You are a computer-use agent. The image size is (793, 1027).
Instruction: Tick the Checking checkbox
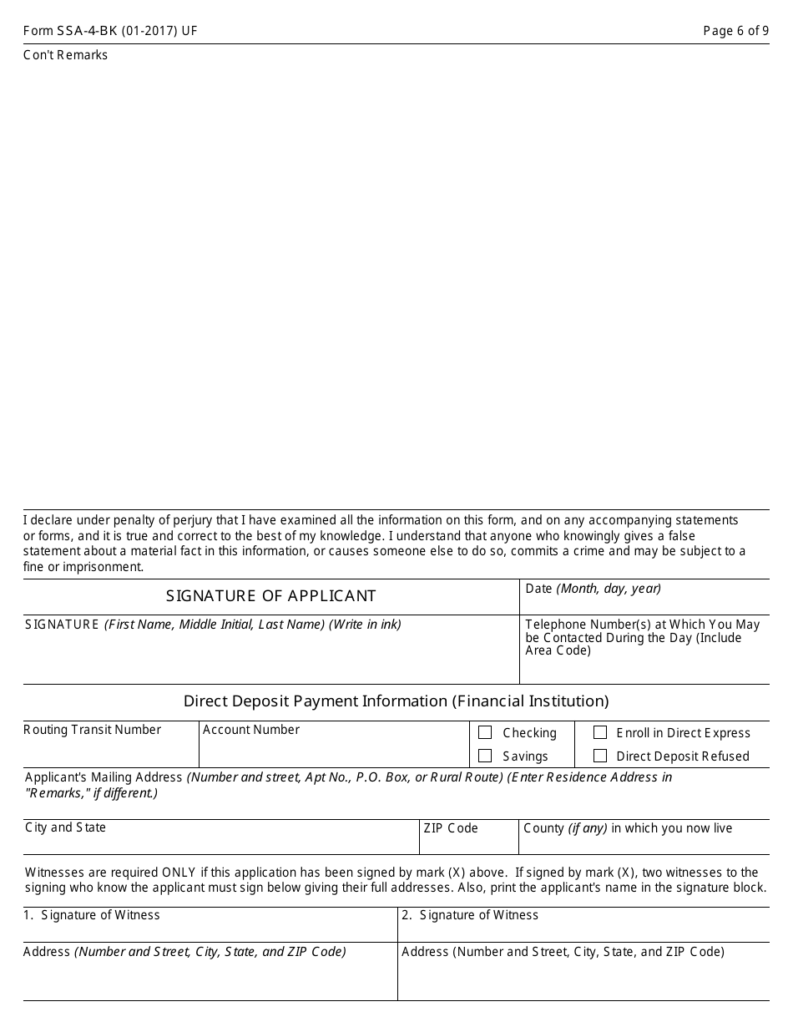(x=485, y=732)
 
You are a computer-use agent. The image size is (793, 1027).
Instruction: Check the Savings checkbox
(x=485, y=756)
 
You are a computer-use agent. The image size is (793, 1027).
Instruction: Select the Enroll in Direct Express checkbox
(x=600, y=732)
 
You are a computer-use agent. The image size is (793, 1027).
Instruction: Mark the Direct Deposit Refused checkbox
(x=600, y=756)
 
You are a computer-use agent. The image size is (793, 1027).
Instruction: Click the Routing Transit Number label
(x=93, y=730)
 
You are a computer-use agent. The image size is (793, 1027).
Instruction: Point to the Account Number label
(x=251, y=730)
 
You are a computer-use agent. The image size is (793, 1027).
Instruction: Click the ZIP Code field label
(x=451, y=828)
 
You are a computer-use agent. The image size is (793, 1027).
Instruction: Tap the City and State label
(x=66, y=827)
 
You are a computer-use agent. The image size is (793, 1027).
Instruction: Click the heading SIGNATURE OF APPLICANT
(x=271, y=596)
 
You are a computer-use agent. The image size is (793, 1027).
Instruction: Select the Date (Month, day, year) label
(x=593, y=589)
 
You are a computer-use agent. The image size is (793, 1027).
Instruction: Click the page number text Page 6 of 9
(x=736, y=32)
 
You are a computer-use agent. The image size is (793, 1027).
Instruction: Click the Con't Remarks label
(x=66, y=55)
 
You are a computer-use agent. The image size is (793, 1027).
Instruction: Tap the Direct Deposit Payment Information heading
(x=396, y=701)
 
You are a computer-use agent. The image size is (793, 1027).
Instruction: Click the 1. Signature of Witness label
(x=92, y=915)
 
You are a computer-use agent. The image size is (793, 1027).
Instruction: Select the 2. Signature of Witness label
(x=470, y=915)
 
